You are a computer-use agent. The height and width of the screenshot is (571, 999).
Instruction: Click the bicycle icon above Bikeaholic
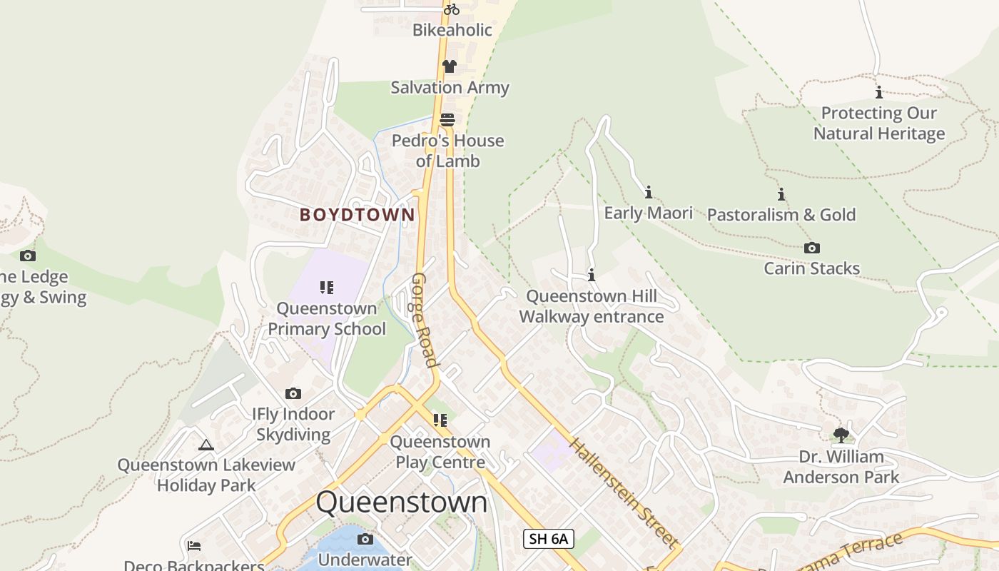pos(451,9)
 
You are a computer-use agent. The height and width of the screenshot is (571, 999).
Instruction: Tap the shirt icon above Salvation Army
pos(449,66)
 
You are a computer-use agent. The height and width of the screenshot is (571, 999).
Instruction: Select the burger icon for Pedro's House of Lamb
pos(447,119)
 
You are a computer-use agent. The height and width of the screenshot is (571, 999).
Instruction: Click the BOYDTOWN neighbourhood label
pos(357,215)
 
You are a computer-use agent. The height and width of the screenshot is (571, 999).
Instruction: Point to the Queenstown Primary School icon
pos(326,288)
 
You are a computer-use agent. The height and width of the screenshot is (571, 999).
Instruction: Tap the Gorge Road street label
pos(425,319)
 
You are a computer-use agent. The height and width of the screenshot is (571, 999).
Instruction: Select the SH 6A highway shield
pos(548,539)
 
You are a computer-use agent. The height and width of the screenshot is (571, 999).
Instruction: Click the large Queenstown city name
pos(402,502)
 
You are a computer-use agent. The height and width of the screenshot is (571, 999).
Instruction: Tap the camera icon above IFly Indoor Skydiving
pos(293,393)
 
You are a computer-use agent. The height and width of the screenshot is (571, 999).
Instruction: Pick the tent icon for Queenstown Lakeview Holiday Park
pos(206,445)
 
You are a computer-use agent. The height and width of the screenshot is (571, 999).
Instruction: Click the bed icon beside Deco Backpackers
pos(193,546)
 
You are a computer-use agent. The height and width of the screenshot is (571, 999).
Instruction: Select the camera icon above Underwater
pos(365,539)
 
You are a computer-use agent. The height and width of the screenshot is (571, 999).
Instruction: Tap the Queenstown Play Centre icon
pos(440,420)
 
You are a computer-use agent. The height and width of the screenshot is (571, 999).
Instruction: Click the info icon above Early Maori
pos(648,192)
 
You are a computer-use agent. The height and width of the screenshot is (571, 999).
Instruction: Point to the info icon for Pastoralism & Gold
pos(781,194)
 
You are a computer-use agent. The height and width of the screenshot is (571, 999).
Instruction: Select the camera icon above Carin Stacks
pos(811,248)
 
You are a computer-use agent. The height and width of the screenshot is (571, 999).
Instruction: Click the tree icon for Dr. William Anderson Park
pos(841,435)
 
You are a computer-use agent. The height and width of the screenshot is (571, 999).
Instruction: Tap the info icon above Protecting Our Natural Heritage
pos(878,92)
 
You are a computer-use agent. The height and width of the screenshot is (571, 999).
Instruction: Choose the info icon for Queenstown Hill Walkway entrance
pos(591,275)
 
